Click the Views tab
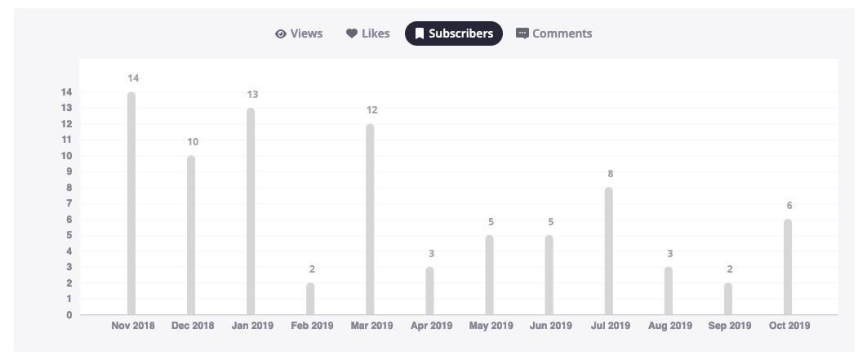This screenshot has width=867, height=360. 300,33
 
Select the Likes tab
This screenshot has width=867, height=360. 368,33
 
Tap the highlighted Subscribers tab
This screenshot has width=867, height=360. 453,33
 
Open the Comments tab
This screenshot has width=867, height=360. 554,33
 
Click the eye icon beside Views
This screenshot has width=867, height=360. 281,34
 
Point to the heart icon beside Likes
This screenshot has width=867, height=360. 352,34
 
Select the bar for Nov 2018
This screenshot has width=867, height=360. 131,203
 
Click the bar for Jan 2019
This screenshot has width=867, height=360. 251,211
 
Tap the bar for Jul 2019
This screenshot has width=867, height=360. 609,251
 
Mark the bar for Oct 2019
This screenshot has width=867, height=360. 788,267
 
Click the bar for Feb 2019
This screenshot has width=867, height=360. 310,299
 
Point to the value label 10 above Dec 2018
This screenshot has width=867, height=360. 192,142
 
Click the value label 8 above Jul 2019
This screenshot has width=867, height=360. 609,174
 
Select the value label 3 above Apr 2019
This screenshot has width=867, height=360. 430,253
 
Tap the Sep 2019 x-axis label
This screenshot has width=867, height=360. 729,326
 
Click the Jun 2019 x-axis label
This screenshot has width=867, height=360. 550,326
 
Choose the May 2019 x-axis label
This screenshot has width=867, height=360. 491,326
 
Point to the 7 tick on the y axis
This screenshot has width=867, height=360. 69,203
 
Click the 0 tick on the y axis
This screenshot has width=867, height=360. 69,315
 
